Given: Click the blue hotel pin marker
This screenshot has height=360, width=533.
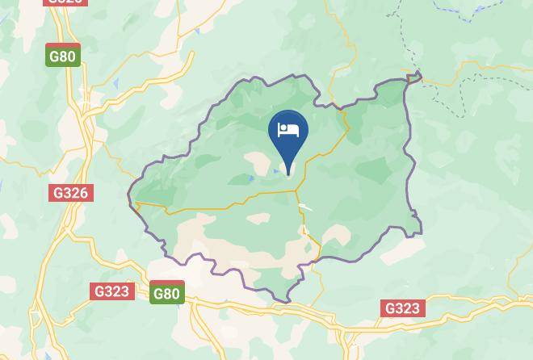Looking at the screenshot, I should click(x=288, y=134).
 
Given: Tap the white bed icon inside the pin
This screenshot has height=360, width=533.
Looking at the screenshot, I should click(x=288, y=130).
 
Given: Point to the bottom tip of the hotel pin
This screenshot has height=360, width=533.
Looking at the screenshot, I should click(x=288, y=174).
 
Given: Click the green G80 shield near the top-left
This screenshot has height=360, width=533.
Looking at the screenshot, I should click(x=62, y=56).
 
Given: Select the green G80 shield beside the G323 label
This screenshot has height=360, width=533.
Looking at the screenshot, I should click(x=166, y=293).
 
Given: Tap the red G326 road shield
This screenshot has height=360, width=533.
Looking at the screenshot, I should click(x=71, y=193).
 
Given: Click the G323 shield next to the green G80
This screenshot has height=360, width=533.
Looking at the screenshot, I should click(x=111, y=291).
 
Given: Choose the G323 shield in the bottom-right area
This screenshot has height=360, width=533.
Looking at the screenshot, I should click(x=402, y=308).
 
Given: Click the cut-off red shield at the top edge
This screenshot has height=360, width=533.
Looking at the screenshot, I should click(x=65, y=2).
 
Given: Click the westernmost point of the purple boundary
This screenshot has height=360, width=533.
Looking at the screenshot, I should click(x=129, y=195).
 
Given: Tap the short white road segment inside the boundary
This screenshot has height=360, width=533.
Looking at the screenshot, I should click(x=305, y=207).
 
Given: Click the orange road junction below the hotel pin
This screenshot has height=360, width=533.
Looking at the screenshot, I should click(x=296, y=191).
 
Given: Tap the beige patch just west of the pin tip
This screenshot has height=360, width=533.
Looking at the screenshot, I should click(x=260, y=162).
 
